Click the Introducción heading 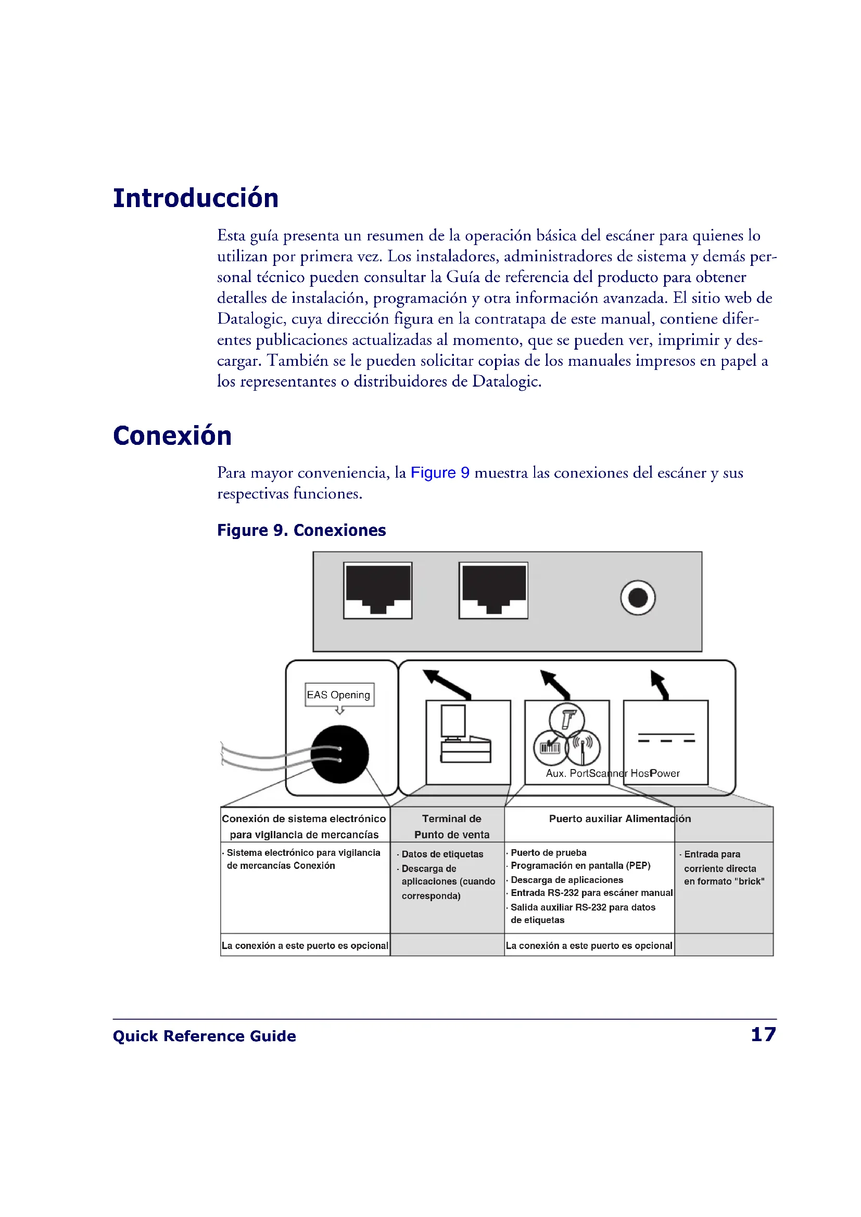pos(196,199)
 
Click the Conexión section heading pos(172,436)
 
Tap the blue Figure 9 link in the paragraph pos(439,473)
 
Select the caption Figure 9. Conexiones pos(301,531)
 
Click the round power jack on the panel pos(637,598)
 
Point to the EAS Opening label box pos(339,695)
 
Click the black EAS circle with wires pos(339,754)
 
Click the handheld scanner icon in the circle pos(567,720)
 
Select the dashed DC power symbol pos(666,738)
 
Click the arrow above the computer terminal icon pos(446,684)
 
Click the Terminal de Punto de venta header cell pos(452,826)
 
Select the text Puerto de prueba pos(548,853)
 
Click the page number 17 pos(764,1034)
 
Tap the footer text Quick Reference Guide pos(204,1036)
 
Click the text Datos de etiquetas pos(442,854)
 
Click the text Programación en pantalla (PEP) pos(580,866)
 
